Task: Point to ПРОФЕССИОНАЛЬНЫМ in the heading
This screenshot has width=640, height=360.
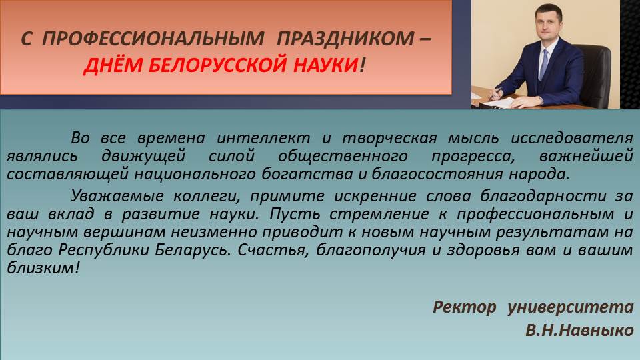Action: tap(153, 39)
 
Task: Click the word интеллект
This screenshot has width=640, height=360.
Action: tap(263, 138)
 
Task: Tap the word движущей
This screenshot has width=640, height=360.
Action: tap(143, 156)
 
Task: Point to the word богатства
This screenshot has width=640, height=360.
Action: tap(307, 174)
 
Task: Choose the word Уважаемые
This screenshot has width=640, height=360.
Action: tap(117, 196)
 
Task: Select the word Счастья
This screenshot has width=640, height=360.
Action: tap(271, 250)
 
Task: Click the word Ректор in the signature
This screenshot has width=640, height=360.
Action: tap(465, 307)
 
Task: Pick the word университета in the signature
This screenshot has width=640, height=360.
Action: tap(571, 307)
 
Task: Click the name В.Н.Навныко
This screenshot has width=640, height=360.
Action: tap(579, 330)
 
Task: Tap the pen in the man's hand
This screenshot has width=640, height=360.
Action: tap(495, 93)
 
